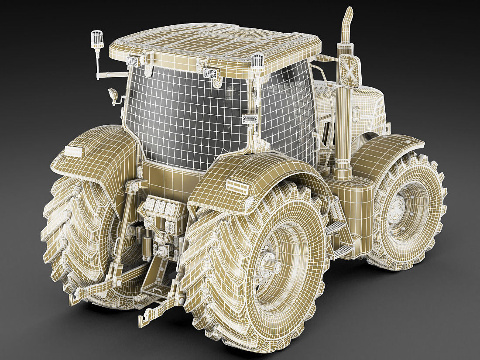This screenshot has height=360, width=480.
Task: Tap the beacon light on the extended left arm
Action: (97, 39)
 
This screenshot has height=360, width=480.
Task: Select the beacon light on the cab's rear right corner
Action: (257, 61)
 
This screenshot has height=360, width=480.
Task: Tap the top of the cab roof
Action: (214, 41)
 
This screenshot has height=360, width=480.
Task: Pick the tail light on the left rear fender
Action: (73, 151)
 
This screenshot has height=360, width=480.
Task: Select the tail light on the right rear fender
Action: (237, 185)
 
